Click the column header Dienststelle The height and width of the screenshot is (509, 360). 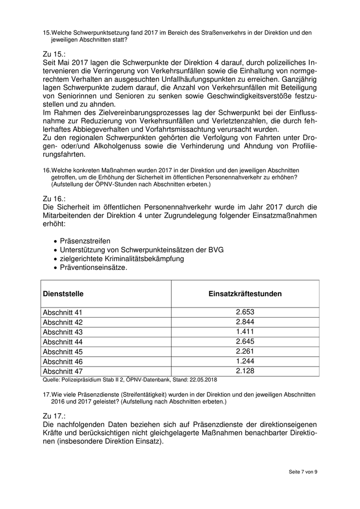(x=63, y=294)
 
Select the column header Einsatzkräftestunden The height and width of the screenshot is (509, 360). (x=245, y=294)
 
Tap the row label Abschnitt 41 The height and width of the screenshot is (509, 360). (x=62, y=313)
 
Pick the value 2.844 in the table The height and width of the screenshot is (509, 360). (x=245, y=322)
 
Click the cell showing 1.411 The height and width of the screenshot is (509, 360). (x=245, y=332)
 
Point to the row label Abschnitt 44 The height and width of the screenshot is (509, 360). (x=62, y=342)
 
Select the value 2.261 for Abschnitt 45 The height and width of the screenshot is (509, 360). (x=245, y=351)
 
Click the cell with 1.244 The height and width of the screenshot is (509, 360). (x=245, y=361)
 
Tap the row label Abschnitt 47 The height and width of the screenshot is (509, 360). (x=62, y=371)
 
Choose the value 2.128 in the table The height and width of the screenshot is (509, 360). (x=245, y=371)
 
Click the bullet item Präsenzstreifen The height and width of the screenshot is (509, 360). (x=85, y=241)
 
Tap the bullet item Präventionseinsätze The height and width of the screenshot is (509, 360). (x=94, y=267)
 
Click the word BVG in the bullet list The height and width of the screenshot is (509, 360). (x=215, y=249)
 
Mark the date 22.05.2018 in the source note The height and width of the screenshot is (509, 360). (x=203, y=380)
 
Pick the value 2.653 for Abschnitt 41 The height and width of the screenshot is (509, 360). (x=245, y=312)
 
